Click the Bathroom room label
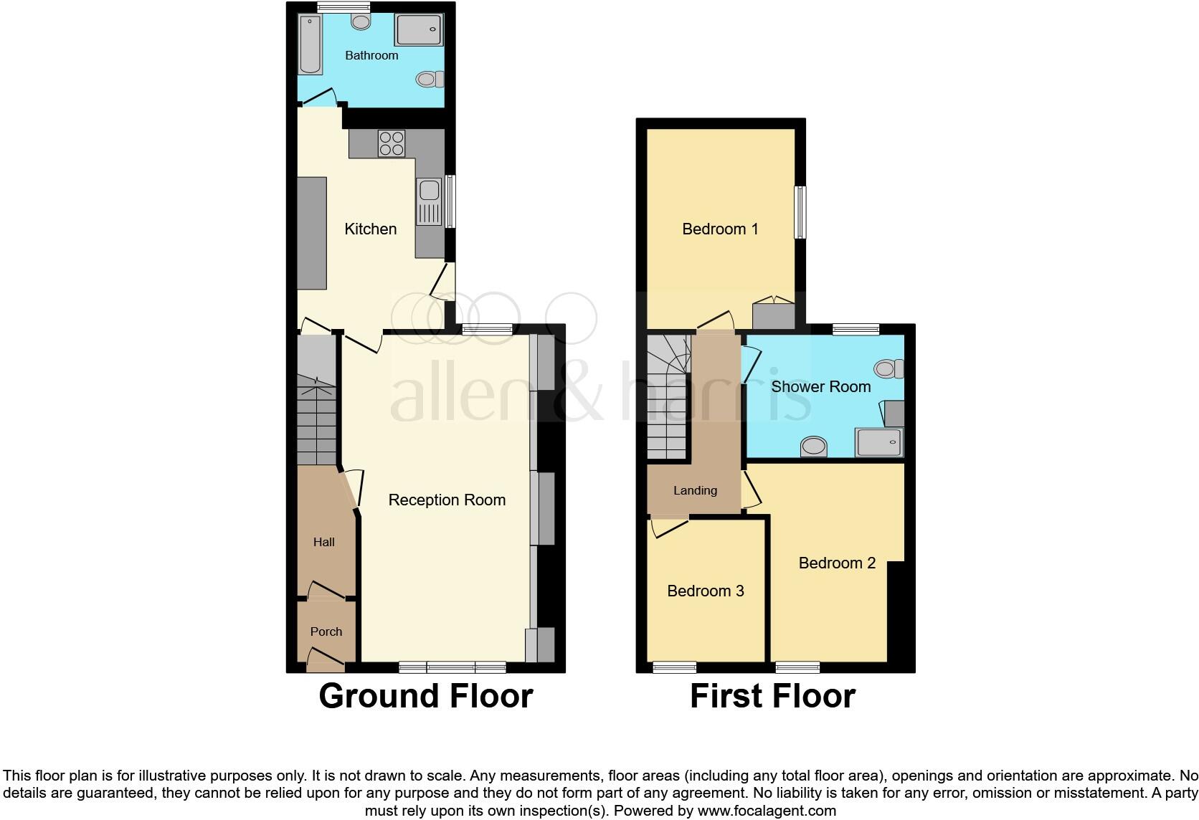(371, 55)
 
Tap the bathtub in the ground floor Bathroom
(311, 45)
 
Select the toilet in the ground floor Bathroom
(429, 78)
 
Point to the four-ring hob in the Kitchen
(391, 143)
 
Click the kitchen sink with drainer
(430, 201)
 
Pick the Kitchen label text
(370, 229)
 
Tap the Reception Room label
(447, 500)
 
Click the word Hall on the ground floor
(323, 542)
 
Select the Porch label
(326, 631)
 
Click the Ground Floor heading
(425, 696)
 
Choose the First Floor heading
(772, 696)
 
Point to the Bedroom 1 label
(720, 229)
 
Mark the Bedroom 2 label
(837, 563)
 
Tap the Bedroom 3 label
(705, 591)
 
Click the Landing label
(695, 490)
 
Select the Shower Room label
(820, 386)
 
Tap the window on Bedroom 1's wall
(800, 212)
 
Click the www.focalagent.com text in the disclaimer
(766, 811)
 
